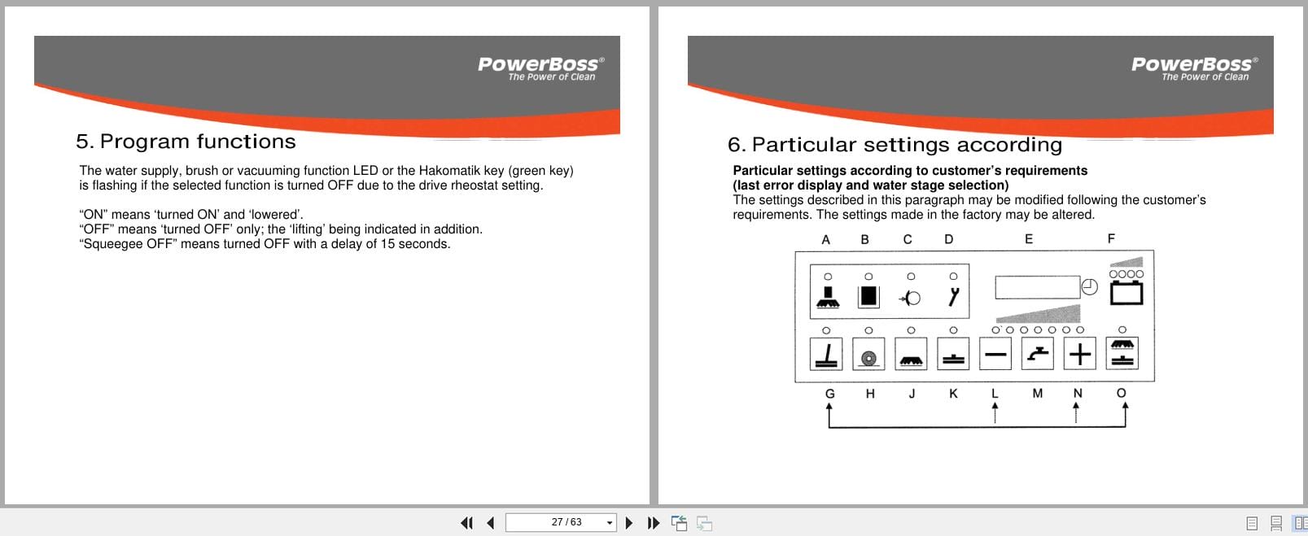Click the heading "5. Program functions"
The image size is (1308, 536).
pos(186,142)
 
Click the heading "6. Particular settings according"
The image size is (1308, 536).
pos(895,145)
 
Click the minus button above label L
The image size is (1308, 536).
pos(995,354)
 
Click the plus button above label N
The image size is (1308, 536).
pos(1079,354)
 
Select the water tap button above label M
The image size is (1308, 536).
pos(1037,354)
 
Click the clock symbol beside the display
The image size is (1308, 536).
pos(1090,287)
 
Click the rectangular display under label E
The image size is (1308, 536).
pos(1037,287)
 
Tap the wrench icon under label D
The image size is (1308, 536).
pos(953,297)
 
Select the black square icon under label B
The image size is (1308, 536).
pos(868,297)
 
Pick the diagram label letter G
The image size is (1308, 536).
pos(829,394)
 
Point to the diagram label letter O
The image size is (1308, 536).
pos(1121,394)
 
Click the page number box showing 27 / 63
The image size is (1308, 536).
pos(560,522)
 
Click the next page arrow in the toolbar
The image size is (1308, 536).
pos(628,523)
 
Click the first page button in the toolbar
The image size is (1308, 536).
pos(466,523)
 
